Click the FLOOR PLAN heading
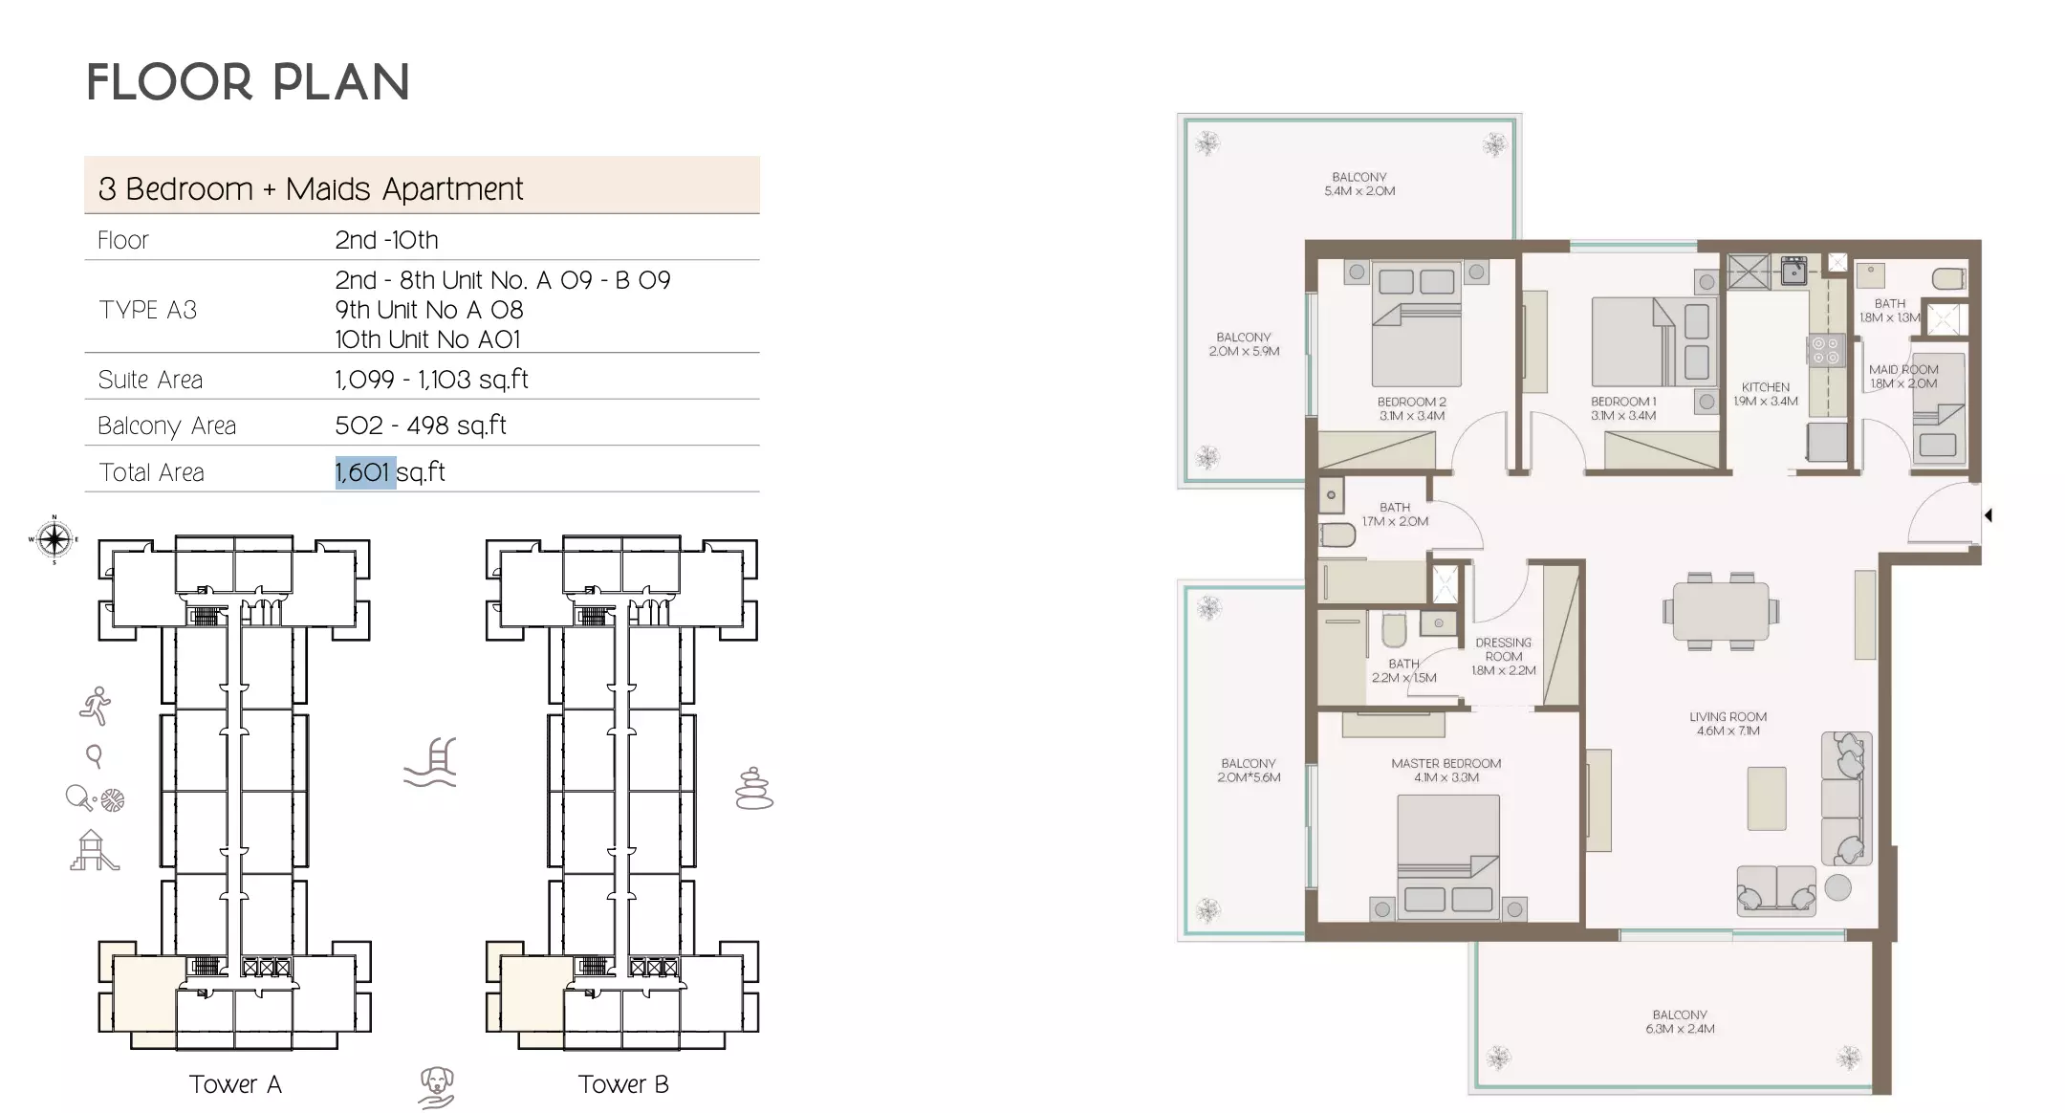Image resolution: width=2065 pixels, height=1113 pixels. pos(248,82)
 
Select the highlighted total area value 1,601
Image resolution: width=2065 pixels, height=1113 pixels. pos(364,472)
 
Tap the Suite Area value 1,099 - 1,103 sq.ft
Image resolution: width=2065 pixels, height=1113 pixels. pos(431,380)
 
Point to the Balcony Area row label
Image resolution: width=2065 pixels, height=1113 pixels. pos(166,426)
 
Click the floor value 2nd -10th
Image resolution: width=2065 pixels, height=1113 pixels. pos(386,240)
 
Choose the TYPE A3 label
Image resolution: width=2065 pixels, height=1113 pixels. pos(147,310)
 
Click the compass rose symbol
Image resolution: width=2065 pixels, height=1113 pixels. pos(54,539)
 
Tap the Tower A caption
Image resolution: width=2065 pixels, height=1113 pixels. pos(235,1084)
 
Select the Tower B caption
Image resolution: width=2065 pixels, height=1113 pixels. pos(623,1084)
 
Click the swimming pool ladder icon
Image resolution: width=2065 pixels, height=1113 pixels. pos(431,762)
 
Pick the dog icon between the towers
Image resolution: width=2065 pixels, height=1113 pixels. pos(437,1087)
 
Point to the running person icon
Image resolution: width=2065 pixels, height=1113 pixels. pos(96,707)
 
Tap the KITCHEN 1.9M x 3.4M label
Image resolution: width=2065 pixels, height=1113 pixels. pos(1765,394)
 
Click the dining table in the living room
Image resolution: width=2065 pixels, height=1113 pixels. pos(1721,612)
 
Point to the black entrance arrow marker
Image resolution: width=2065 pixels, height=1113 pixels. pos(1988,515)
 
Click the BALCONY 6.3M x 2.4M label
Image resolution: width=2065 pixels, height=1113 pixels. pos(1679,1021)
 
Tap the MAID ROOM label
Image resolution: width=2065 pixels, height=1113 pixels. pos(1902,376)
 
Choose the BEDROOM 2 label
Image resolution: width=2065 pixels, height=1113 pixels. pos(1411,408)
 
